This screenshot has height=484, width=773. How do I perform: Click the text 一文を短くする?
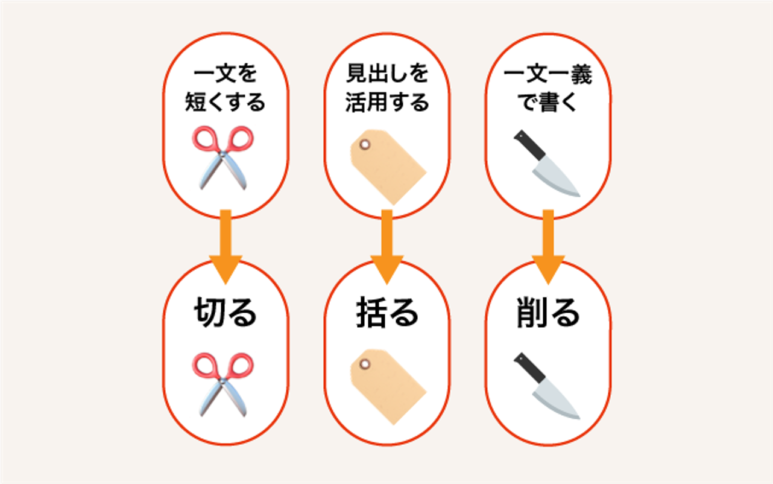coord(226,88)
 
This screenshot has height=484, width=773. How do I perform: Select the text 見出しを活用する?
coord(387,88)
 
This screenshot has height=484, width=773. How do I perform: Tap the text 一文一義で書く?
coord(548,88)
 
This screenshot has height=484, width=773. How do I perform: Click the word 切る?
coord(226,312)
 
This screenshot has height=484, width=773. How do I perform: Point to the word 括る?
coord(387,312)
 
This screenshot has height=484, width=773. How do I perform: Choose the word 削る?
coord(548,312)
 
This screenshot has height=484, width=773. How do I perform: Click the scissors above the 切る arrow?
coord(223,158)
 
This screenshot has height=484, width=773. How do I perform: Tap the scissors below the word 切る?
coord(223,384)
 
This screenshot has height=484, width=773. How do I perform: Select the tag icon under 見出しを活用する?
coord(388,167)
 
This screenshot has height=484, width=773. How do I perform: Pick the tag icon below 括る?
coord(388,387)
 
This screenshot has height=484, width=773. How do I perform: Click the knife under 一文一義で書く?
coord(547,164)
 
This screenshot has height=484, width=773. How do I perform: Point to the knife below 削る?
coord(547,386)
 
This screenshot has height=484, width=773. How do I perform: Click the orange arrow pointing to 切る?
coord(226,247)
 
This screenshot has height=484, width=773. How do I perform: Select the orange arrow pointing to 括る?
coord(387,247)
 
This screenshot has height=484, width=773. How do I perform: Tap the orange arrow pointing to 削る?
coord(548,247)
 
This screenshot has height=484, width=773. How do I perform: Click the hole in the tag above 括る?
coord(365,144)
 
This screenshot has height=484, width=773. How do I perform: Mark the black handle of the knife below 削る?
coord(530,368)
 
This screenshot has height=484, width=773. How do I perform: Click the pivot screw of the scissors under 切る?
coord(222,381)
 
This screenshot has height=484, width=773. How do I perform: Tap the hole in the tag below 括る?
coord(365,364)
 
